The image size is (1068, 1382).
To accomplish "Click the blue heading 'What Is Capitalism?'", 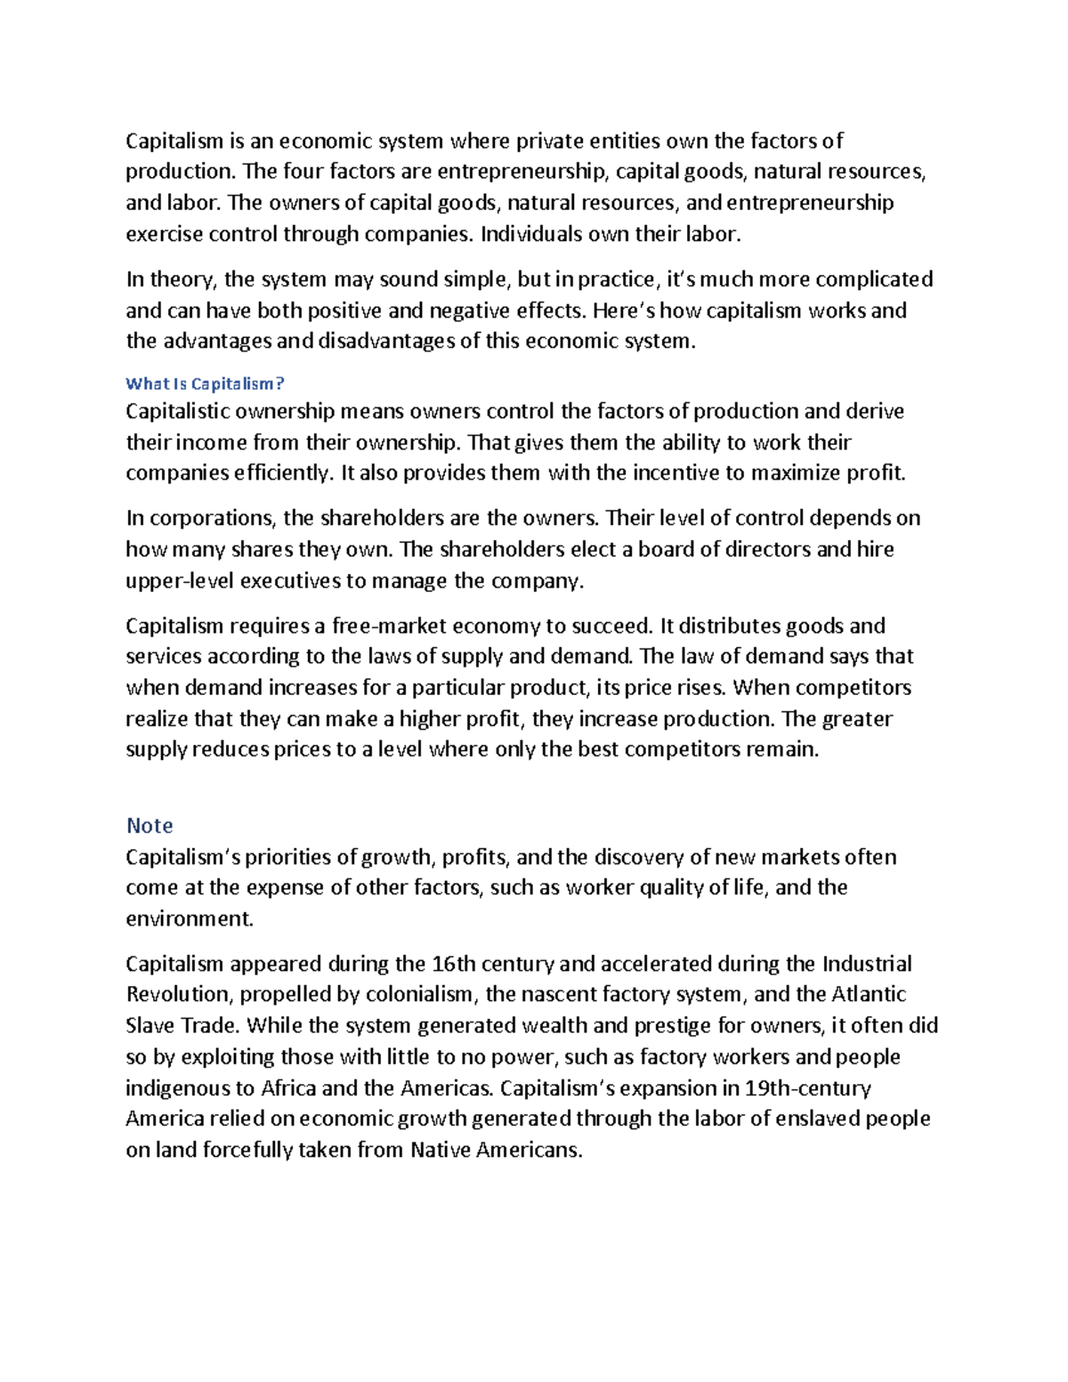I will tap(205, 384).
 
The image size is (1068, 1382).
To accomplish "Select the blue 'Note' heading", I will tap(150, 826).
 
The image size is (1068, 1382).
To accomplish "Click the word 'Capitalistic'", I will tap(177, 411).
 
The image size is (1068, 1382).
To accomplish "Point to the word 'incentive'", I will tap(675, 473).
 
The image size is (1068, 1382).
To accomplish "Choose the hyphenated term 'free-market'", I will tap(388, 626).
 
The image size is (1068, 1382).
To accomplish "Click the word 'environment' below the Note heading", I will tap(189, 918).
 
